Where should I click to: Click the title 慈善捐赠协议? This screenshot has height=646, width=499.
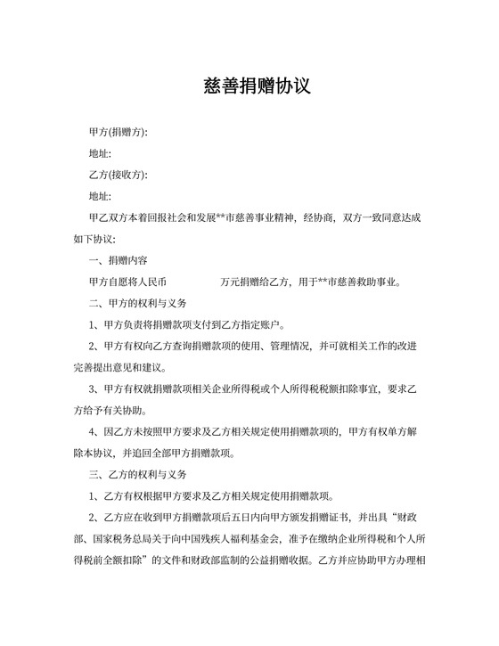249,86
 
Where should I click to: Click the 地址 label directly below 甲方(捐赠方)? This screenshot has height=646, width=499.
100,153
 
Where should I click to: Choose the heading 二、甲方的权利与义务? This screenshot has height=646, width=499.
138,304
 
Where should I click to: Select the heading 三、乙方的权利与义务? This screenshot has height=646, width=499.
138,475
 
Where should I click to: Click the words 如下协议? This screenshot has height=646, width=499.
89,240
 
